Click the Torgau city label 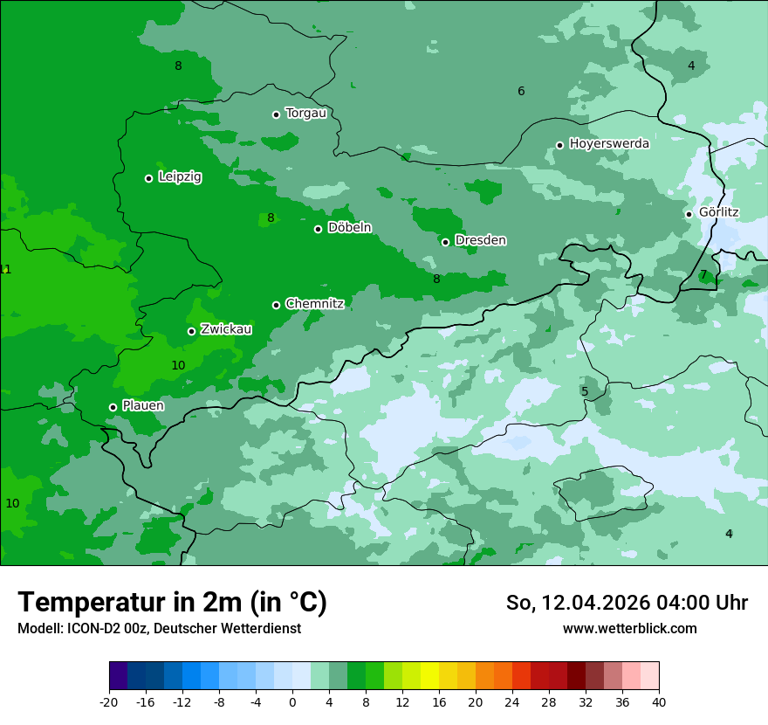[305, 114]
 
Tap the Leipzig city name [180, 177]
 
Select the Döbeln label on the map [349, 228]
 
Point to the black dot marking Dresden [445, 242]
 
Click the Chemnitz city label [314, 304]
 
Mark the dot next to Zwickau [191, 331]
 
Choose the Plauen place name [143, 406]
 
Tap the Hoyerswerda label [609, 144]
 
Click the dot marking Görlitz [689, 214]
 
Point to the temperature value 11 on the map [5, 269]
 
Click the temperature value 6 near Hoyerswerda [521, 92]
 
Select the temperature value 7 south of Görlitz [703, 274]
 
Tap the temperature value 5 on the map [585, 391]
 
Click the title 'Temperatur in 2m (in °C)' [172, 603]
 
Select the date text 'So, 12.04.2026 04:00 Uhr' [627, 603]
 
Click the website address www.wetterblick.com [629, 629]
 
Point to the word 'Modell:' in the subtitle [40, 629]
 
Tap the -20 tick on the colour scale [109, 702]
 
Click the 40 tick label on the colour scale [658, 702]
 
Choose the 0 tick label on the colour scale [292, 702]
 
